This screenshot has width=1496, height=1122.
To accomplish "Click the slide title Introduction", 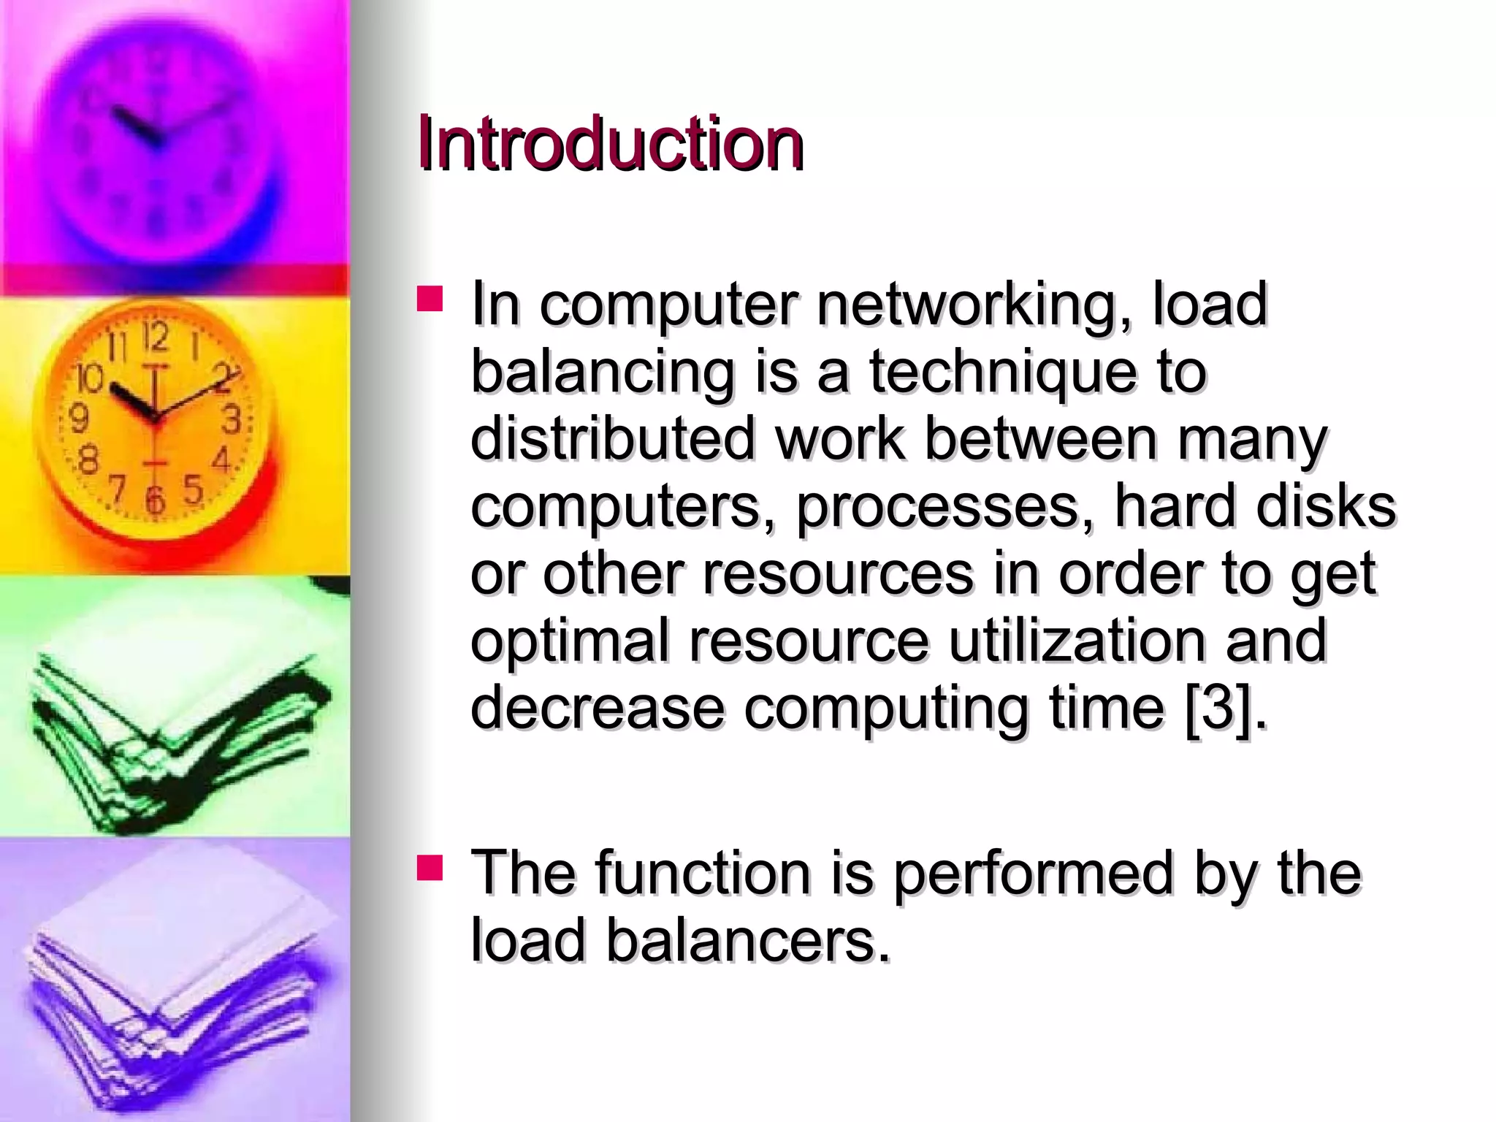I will point(610,144).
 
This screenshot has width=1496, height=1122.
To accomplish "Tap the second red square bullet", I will point(430,867).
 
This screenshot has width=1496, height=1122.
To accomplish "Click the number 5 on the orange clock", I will point(192,488).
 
